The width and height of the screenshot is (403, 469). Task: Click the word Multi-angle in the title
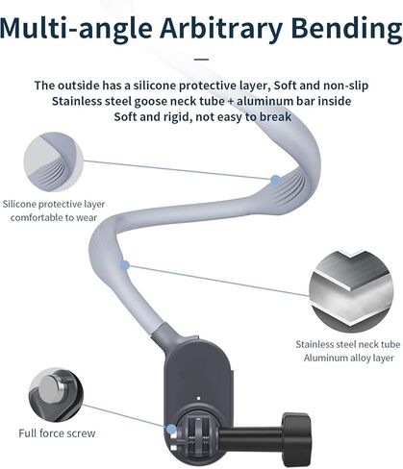pos(76,28)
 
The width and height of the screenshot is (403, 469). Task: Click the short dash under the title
pos(201,60)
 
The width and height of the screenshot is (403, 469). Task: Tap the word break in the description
pos(275,116)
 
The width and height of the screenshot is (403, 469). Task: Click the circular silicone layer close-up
pos(54,162)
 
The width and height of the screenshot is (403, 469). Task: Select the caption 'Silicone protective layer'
pos(54,204)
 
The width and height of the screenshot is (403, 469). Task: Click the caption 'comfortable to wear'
pos(54,217)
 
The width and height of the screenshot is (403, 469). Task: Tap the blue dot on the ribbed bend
pos(275,180)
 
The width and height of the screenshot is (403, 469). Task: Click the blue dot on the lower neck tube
pos(125,265)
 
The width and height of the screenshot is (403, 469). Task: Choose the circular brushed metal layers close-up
pos(351,291)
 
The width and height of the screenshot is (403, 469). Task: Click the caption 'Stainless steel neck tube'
pos(348,344)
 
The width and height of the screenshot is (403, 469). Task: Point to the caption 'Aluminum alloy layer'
pos(348,358)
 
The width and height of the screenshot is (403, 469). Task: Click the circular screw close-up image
pos(56,395)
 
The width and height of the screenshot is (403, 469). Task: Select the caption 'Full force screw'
pos(57,433)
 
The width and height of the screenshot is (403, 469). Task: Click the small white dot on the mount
pos(198,398)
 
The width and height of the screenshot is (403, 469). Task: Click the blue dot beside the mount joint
pos(171,429)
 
